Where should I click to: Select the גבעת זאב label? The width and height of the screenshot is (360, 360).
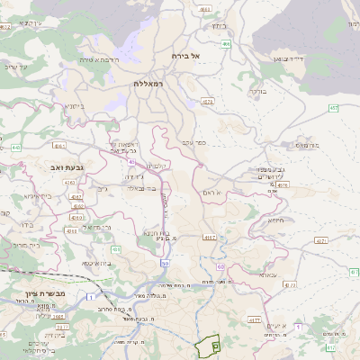click(x=67, y=167)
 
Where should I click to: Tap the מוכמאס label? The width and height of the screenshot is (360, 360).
click(x=307, y=143)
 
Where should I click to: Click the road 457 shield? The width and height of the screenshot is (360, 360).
click(x=333, y=108)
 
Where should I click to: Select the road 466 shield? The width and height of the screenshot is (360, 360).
click(x=226, y=43)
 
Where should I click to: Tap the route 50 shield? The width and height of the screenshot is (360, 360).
click(x=166, y=263)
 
